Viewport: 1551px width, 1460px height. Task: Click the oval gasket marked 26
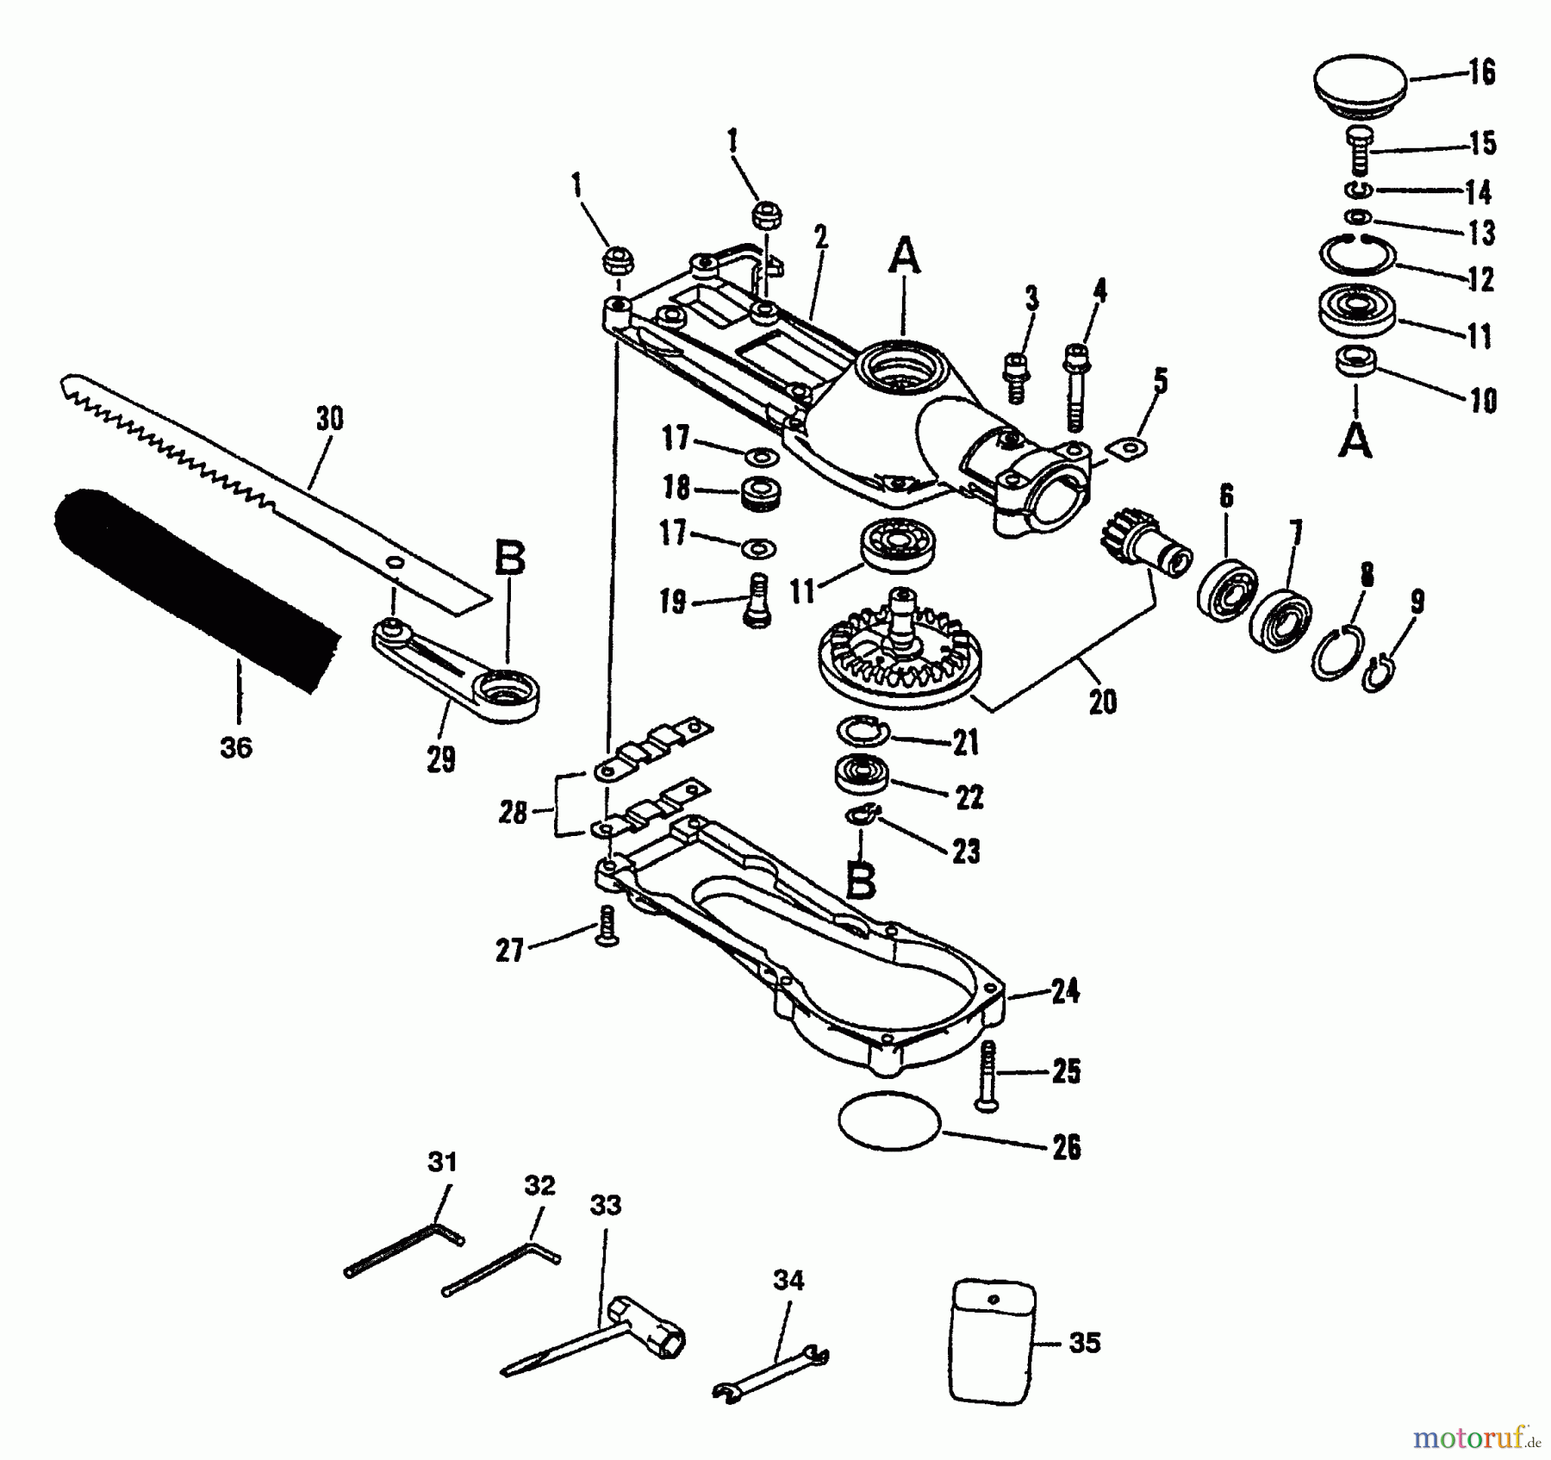[x=888, y=1119]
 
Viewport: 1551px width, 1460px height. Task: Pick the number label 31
[x=441, y=1162]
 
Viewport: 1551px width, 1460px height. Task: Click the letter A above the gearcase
[x=904, y=256]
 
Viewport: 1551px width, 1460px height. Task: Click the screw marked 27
[x=607, y=927]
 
